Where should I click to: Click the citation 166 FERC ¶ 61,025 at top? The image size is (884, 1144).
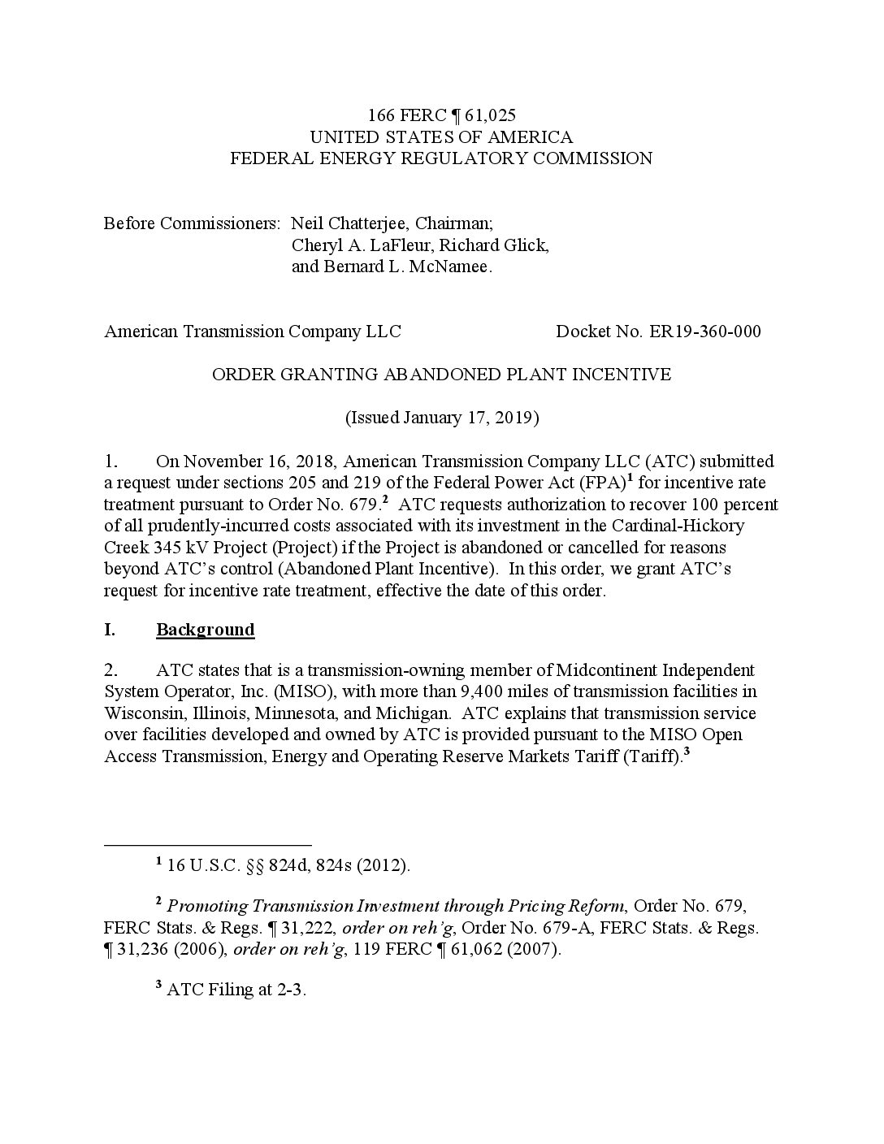(x=441, y=115)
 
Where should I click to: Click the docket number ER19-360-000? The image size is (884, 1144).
(x=704, y=331)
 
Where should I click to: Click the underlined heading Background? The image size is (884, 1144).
(x=205, y=630)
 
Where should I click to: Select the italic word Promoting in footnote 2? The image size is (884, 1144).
(x=207, y=906)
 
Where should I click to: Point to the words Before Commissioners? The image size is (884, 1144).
(x=192, y=223)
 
